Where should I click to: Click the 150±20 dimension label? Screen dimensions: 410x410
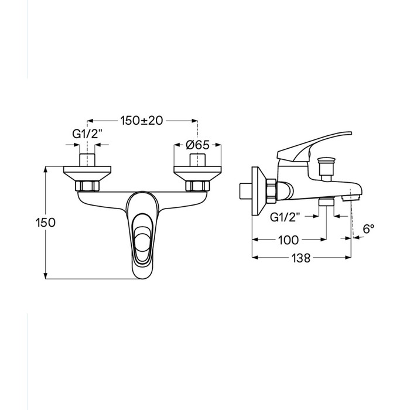142,121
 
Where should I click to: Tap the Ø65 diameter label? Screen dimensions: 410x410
198,145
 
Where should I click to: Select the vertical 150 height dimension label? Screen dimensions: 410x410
46,223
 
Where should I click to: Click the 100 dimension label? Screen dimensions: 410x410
288,240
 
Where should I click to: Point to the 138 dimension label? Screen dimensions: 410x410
301,258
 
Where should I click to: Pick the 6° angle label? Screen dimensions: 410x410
368,229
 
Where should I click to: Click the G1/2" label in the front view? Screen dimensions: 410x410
87,134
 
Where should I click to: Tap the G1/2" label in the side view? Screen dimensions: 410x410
285,217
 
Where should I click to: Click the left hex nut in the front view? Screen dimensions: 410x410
87,186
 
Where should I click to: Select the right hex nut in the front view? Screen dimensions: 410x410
197,186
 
